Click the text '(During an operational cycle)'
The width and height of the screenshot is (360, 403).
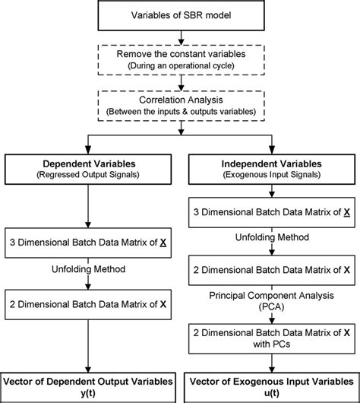[x=180, y=67]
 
